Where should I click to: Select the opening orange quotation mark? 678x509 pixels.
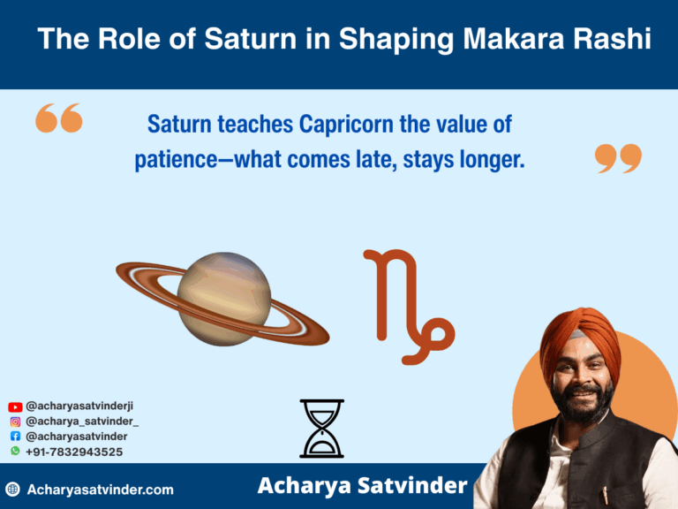[x=59, y=118]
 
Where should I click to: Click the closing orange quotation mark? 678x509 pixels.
[x=618, y=158]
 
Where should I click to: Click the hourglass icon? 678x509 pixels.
[x=321, y=429]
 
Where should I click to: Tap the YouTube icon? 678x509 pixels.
[x=15, y=406]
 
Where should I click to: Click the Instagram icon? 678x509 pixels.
[x=15, y=422]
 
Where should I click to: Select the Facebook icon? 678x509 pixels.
[x=15, y=437]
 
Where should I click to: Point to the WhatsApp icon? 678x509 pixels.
[x=15, y=452]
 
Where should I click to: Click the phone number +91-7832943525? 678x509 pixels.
[x=74, y=452]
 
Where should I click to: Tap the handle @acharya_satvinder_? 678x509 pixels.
[x=82, y=422]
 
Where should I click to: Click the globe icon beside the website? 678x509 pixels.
[x=12, y=489]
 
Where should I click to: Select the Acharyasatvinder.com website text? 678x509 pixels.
[x=101, y=489]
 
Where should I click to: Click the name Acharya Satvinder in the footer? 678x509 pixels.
[x=362, y=486]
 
